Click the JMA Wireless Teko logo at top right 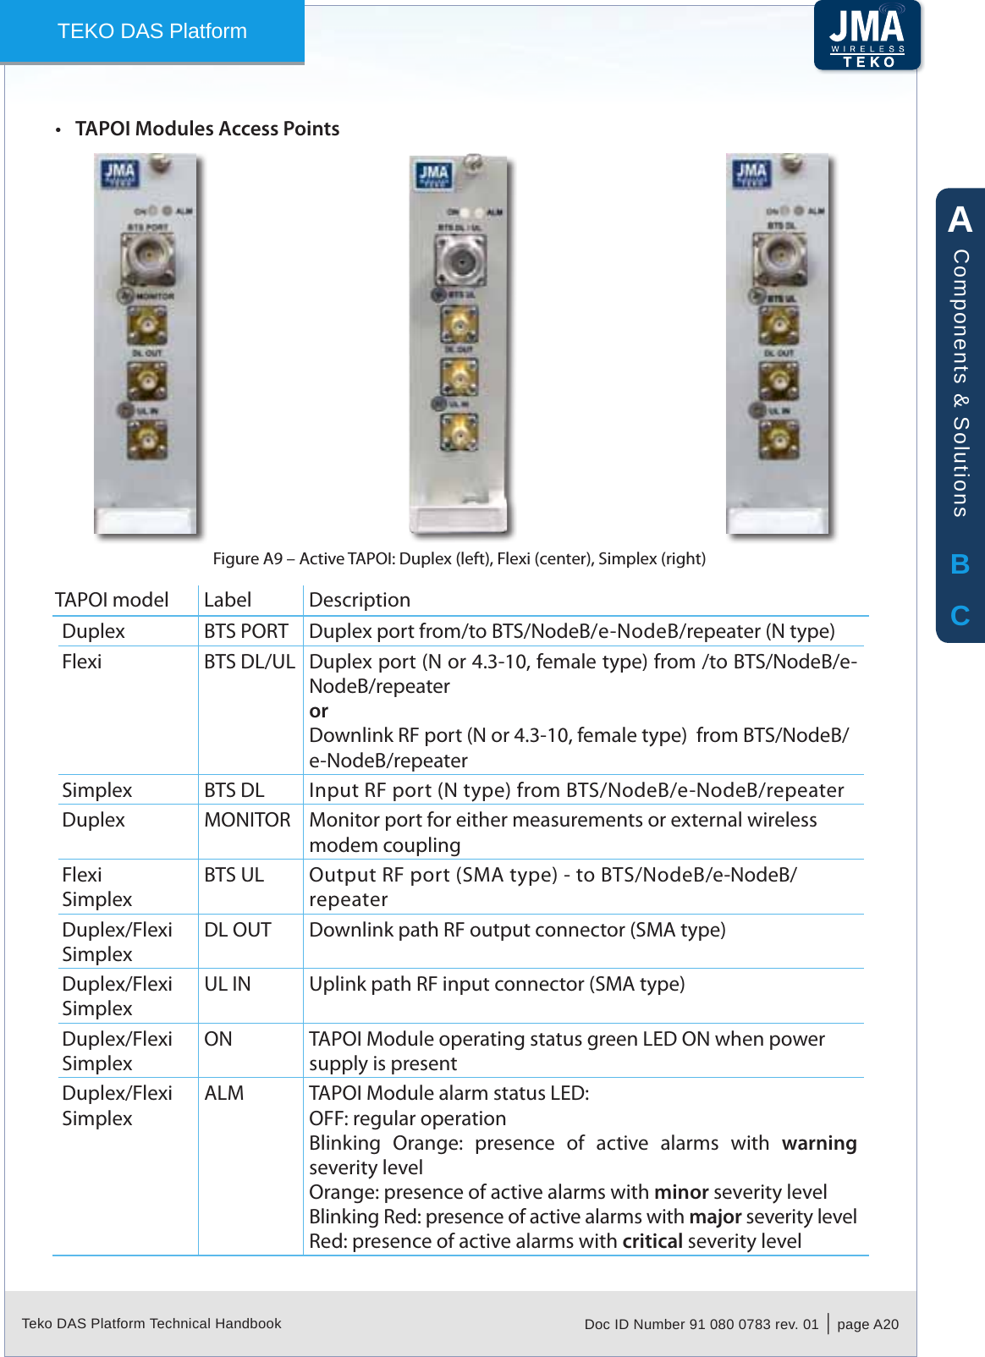(x=867, y=36)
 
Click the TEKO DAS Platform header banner (x=152, y=31)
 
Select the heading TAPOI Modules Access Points (x=207, y=129)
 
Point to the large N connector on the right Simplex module (x=779, y=256)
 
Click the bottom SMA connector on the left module (x=146, y=440)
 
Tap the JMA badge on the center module (x=433, y=176)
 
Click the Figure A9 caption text (x=459, y=558)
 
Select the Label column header (x=228, y=600)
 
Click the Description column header (x=360, y=600)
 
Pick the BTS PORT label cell (x=245, y=631)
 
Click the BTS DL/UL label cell (x=249, y=662)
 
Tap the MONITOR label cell (x=247, y=820)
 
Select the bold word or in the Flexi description (x=318, y=711)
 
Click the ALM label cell (x=223, y=1093)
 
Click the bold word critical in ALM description (x=652, y=1241)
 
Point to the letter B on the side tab (x=960, y=564)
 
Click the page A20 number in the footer (x=867, y=1324)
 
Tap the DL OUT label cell (x=237, y=930)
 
